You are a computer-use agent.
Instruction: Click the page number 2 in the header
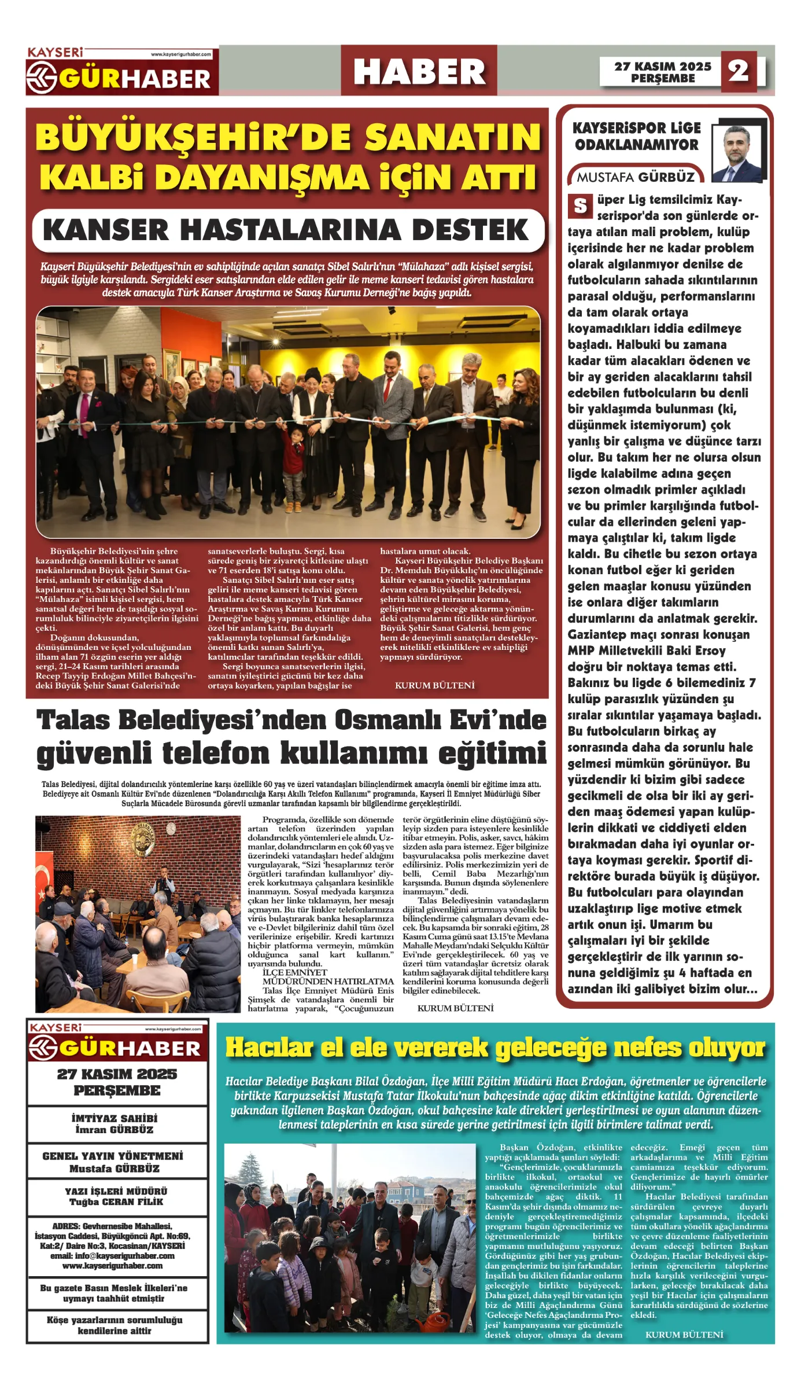pos(739,71)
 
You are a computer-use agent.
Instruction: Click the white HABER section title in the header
pos(419,72)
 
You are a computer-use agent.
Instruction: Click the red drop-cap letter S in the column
pos(580,206)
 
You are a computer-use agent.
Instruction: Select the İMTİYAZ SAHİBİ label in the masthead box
pos(115,1119)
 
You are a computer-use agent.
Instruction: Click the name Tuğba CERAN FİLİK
pos(116,1202)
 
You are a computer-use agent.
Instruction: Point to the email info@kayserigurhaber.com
pos(112,1256)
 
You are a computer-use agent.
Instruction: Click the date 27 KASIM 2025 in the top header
pos(662,67)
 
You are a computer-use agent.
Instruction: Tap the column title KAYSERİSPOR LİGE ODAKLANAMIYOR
pos(636,136)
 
